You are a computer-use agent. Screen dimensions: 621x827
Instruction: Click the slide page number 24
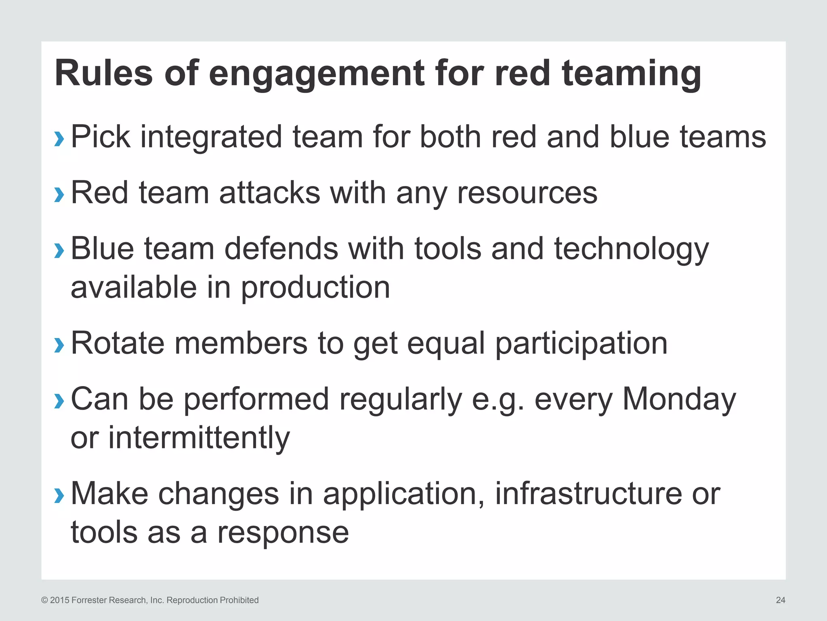[780, 600]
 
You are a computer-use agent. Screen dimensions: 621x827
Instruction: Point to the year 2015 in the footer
[59, 600]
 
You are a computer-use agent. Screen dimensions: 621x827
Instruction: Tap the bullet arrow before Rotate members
[59, 345]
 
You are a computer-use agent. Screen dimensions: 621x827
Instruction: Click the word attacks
[269, 193]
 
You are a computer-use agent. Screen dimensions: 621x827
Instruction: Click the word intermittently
[199, 438]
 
